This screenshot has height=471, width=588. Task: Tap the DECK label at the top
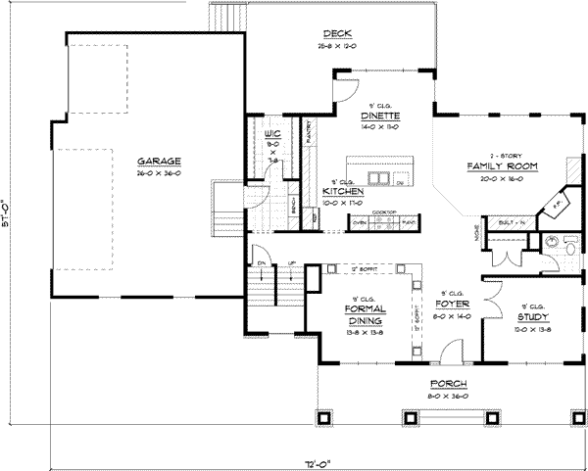click(324, 35)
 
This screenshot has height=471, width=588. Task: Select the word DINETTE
click(377, 115)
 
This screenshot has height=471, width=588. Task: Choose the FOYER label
click(450, 303)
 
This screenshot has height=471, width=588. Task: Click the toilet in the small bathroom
click(571, 250)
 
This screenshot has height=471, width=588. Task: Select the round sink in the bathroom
click(553, 239)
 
